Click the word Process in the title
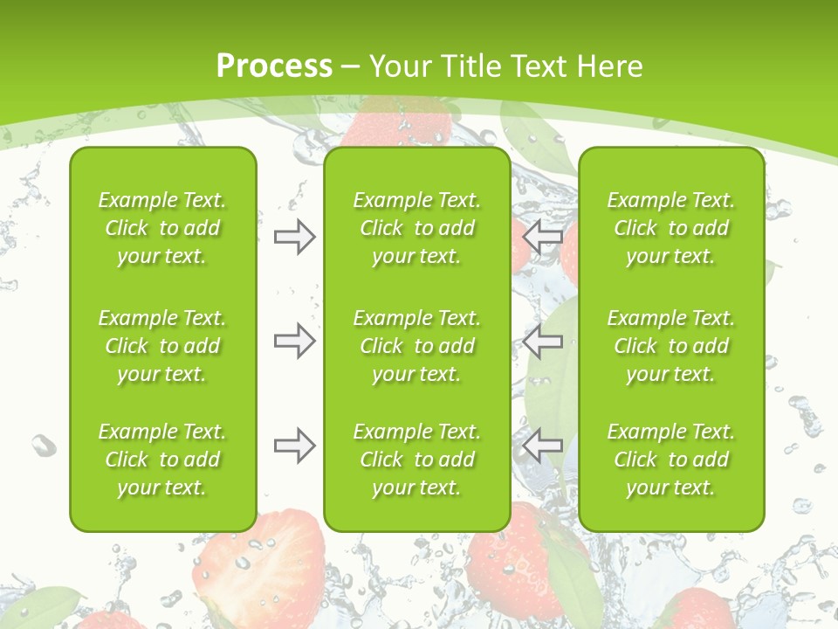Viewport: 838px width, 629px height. point(274,66)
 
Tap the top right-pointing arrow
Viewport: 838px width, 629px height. point(294,237)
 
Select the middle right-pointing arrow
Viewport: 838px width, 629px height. point(294,341)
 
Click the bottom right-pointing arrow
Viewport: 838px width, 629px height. point(294,446)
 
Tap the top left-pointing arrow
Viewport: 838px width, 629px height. point(542,237)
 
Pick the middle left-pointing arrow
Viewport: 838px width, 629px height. point(542,341)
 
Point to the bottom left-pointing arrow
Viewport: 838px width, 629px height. point(542,446)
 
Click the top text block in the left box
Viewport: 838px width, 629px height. point(162,228)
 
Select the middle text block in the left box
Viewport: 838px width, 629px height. point(162,346)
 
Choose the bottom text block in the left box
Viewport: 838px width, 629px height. point(162,460)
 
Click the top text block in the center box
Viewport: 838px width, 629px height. point(416,228)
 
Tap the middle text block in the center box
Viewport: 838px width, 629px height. point(416,346)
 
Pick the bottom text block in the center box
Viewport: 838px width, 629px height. point(416,460)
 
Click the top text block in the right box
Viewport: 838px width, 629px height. point(670,228)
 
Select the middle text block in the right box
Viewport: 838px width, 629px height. point(670,346)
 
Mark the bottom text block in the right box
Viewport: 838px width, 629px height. point(670,460)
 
